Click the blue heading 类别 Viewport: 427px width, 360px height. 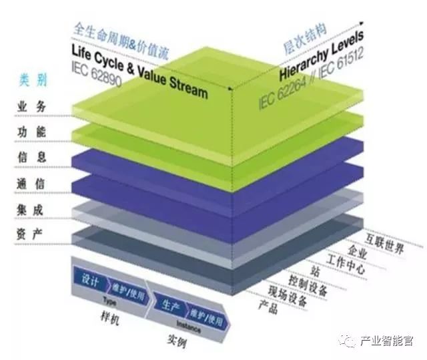click(x=31, y=81)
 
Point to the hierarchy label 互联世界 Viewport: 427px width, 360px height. click(x=385, y=248)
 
